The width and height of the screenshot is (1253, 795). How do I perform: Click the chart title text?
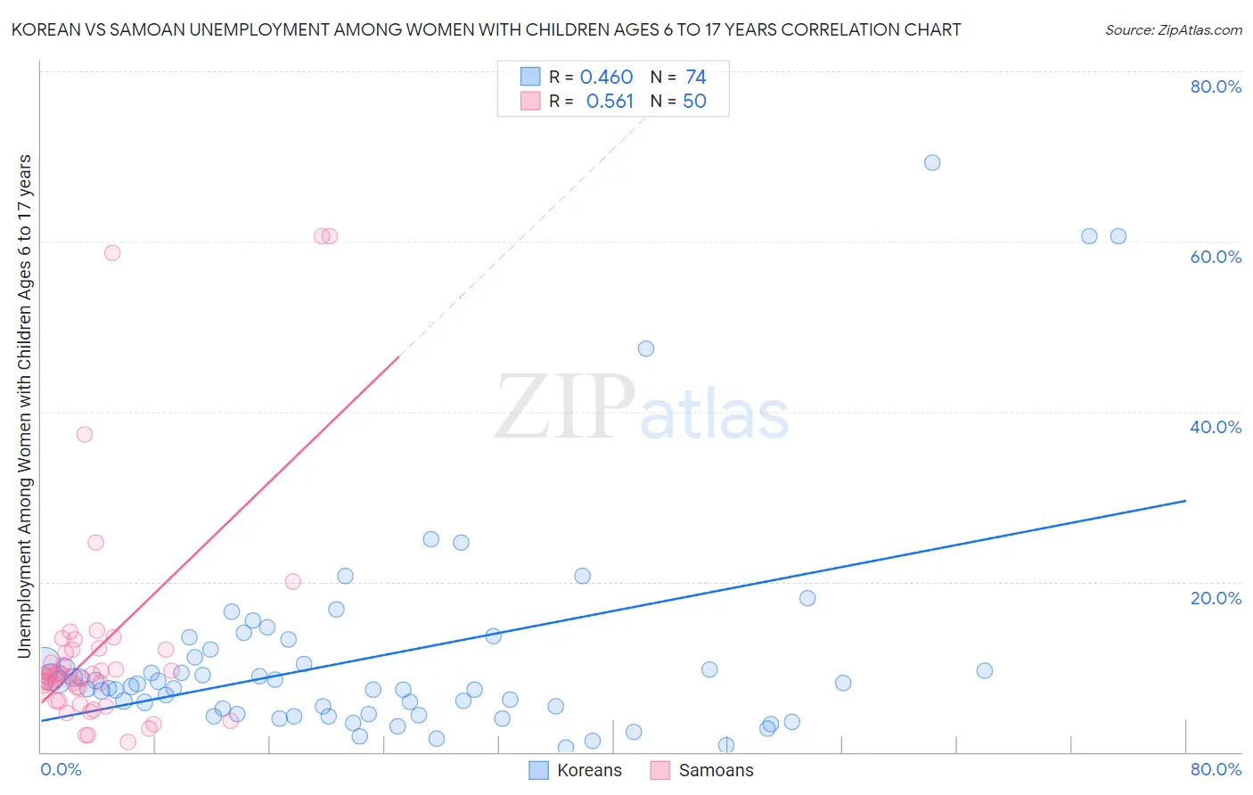click(486, 29)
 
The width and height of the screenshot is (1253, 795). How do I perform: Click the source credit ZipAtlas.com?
click(1173, 29)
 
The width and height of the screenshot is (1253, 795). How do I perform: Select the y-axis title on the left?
click(24, 406)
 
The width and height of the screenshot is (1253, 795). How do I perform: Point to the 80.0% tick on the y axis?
click(1216, 86)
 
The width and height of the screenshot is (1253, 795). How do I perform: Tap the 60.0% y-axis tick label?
click(1216, 257)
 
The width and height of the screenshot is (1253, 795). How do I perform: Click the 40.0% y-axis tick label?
click(1216, 427)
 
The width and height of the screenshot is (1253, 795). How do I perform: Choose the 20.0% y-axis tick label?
click(1216, 597)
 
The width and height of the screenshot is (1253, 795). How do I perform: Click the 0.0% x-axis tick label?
click(61, 769)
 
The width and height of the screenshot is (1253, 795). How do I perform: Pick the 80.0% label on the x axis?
click(1216, 769)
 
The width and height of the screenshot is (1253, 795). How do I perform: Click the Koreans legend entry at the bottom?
click(576, 770)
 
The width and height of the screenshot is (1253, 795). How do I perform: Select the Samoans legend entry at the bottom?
click(702, 770)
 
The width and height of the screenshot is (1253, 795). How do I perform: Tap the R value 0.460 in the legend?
click(606, 78)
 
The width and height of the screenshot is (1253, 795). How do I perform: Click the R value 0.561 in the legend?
click(610, 102)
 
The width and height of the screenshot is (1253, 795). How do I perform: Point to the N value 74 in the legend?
click(695, 78)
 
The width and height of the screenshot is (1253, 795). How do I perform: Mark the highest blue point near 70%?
click(932, 162)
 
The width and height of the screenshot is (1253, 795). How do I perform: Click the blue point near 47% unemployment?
click(646, 348)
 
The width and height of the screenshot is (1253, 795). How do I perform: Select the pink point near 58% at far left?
click(112, 252)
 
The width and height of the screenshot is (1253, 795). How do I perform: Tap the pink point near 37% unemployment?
click(85, 434)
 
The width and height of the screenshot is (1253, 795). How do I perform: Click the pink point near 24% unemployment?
click(95, 543)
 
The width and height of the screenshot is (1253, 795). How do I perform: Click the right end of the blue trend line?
click(1185, 501)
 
